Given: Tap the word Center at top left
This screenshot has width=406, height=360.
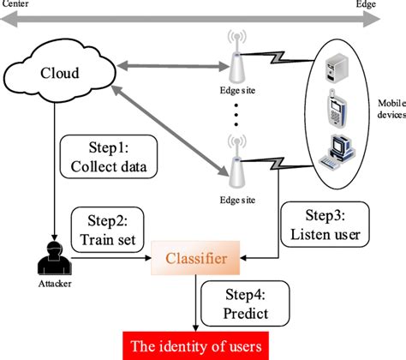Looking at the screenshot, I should click(16, 5).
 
